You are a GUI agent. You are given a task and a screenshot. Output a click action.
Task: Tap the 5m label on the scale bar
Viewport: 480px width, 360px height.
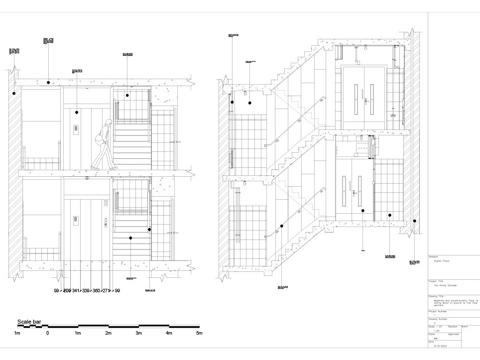pos(199,333)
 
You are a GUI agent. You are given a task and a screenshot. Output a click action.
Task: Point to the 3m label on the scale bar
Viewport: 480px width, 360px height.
pos(138,333)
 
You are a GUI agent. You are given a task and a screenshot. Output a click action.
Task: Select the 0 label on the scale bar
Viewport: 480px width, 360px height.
pos(48,333)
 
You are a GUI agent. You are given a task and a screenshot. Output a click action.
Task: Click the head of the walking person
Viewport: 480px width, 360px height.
pos(108,123)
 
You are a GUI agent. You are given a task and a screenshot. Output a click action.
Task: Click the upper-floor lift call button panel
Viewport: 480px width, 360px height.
pos(76,128)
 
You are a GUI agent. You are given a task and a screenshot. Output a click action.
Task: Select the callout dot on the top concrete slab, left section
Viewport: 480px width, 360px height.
pos(48,82)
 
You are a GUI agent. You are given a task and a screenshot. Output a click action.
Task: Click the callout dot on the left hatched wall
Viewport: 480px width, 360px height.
pos(14,93)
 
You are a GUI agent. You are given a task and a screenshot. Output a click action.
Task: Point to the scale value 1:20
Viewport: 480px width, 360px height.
pos(437,330)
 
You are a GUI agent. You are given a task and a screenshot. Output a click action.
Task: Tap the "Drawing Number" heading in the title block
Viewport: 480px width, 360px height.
pos(438,319)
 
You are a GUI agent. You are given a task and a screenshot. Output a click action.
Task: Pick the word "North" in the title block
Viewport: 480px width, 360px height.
pos(465,326)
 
